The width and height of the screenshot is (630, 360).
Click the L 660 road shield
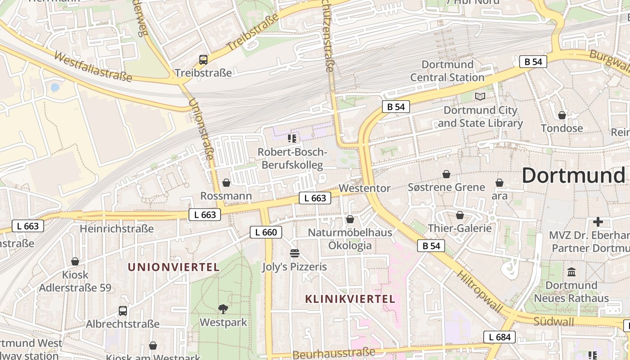[x=266, y=232]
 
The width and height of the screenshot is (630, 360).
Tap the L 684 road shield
[x=499, y=337]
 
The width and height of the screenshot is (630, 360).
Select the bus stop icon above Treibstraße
[x=203, y=59]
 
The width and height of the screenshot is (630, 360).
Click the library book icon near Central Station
[x=480, y=96]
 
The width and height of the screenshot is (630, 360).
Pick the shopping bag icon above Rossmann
[x=226, y=183]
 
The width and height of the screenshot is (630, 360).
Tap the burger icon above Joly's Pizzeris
[x=295, y=253]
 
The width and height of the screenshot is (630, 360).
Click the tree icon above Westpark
[x=223, y=309]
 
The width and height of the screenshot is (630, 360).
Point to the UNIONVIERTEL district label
[x=174, y=267]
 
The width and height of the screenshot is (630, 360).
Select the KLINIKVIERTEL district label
[x=350, y=299]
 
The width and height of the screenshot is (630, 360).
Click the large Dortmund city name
[x=574, y=175]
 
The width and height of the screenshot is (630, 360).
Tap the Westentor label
[x=364, y=188]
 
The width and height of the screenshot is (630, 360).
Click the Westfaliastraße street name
[x=93, y=67]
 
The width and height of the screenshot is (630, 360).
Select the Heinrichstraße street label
[x=117, y=229]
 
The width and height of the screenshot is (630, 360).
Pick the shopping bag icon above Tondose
[x=562, y=115]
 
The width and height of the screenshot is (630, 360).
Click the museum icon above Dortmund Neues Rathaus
[x=571, y=272]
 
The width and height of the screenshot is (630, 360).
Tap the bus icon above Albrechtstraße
[x=122, y=310]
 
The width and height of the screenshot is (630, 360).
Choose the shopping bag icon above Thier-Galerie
[x=460, y=215]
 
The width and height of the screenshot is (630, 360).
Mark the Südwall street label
[x=553, y=321]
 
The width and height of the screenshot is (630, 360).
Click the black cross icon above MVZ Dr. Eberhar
[x=598, y=221]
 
